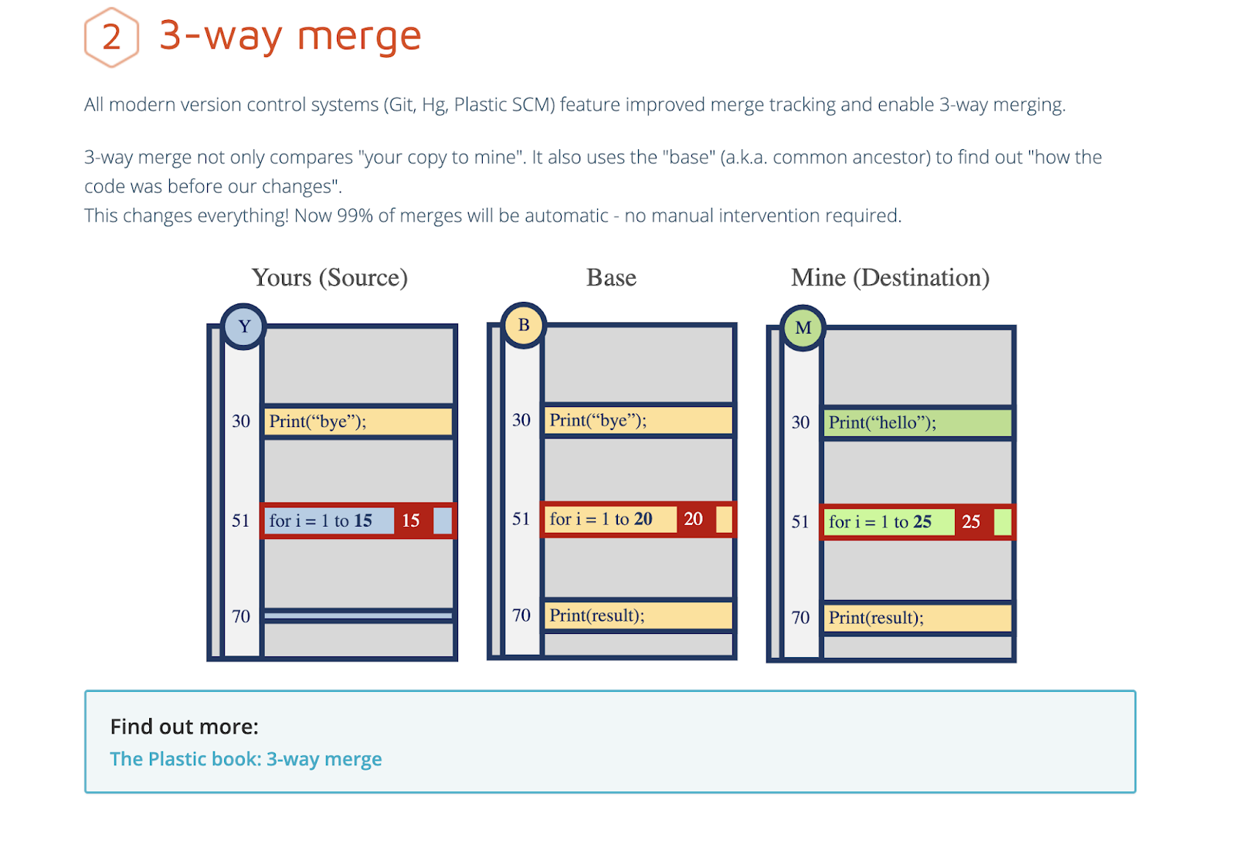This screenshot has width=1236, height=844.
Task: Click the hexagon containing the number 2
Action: click(111, 37)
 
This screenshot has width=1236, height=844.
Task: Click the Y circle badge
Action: click(243, 326)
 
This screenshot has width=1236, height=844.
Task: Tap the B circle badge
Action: click(524, 325)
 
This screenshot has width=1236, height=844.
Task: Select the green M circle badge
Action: click(803, 327)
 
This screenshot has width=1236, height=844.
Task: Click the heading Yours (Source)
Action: click(330, 277)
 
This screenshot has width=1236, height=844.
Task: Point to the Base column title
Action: click(611, 277)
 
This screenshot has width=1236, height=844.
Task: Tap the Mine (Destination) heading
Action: click(890, 277)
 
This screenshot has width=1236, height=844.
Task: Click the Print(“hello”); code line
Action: click(882, 422)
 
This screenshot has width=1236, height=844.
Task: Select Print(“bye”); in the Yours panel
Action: click(317, 422)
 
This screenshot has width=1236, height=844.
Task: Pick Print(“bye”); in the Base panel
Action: click(598, 420)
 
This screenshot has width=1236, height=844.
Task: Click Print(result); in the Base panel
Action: click(597, 615)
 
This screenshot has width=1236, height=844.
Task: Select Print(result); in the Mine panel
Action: click(876, 617)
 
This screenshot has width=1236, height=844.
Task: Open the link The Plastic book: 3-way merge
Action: click(246, 759)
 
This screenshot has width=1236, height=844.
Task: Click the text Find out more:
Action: click(185, 727)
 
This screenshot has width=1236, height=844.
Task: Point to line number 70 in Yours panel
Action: click(241, 616)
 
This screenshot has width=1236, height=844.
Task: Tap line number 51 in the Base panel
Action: click(521, 519)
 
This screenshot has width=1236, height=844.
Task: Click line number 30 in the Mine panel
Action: click(800, 422)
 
